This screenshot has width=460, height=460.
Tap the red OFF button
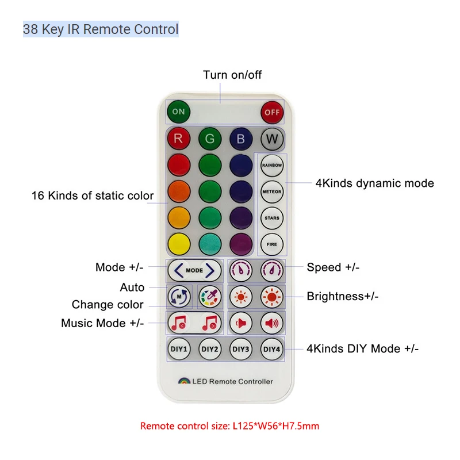click(x=271, y=112)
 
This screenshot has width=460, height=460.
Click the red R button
click(x=178, y=139)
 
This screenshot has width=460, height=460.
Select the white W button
click(x=271, y=139)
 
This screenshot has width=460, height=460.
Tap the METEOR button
click(x=271, y=191)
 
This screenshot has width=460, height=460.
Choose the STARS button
click(x=271, y=218)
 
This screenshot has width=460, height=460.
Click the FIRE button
click(x=271, y=244)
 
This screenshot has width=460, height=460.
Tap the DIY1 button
click(x=178, y=348)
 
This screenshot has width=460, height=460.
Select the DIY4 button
click(x=271, y=348)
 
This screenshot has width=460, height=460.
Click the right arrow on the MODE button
click(x=212, y=270)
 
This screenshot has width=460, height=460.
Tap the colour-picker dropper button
click(x=209, y=297)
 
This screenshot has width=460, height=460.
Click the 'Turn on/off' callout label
click(x=232, y=75)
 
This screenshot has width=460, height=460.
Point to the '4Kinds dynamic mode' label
click(x=374, y=183)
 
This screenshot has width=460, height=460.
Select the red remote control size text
click(x=229, y=426)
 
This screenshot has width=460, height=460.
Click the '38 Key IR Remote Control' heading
click(x=101, y=29)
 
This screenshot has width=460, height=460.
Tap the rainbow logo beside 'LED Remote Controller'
click(x=183, y=381)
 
